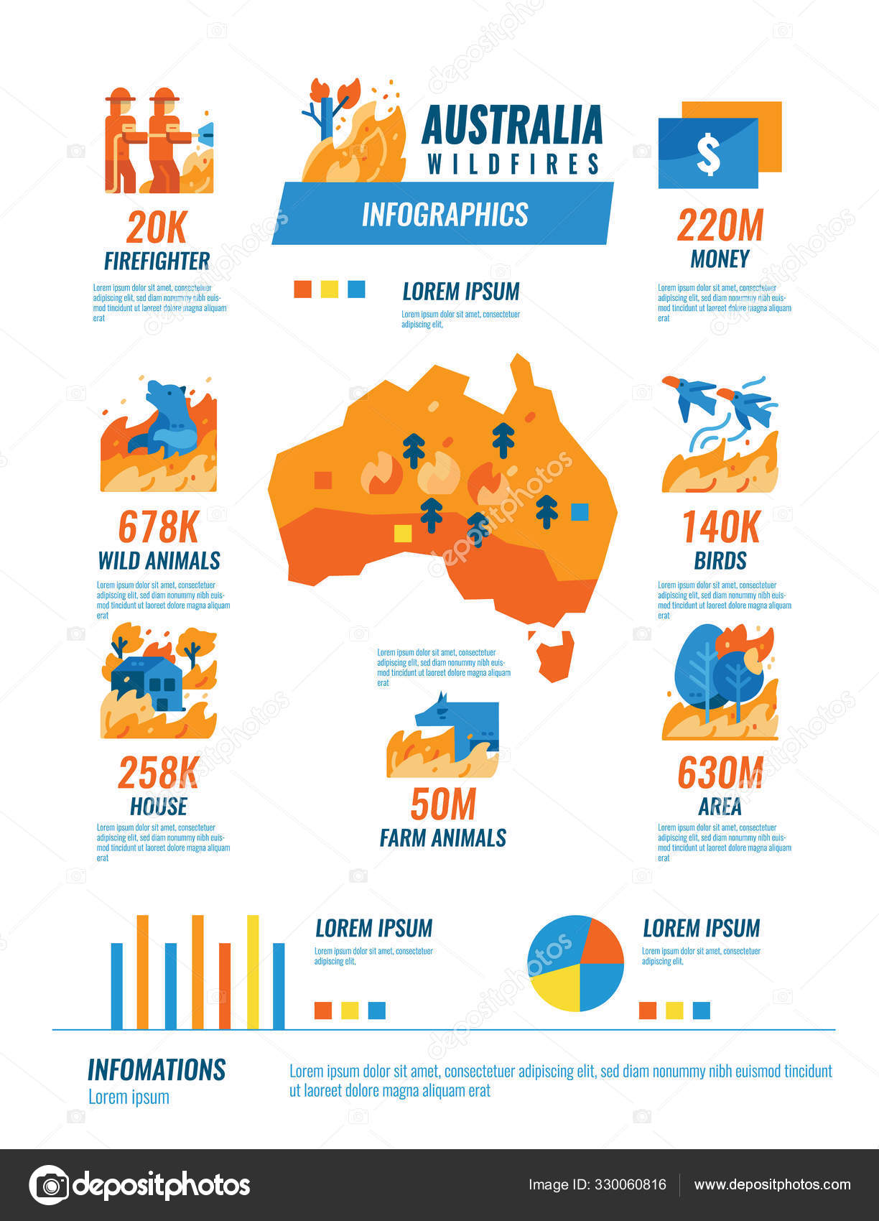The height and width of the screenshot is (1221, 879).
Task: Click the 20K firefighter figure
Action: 156,228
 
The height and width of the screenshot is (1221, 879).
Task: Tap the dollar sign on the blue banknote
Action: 708,154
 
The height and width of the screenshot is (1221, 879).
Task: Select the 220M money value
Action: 720,226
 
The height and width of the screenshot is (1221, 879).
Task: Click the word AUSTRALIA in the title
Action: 511,126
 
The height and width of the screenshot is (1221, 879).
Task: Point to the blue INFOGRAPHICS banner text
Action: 445,214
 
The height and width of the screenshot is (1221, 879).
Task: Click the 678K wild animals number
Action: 158,528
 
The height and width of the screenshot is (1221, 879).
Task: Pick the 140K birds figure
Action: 720,528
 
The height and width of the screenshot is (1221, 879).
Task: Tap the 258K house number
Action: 158,774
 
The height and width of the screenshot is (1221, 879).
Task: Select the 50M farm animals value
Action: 443,804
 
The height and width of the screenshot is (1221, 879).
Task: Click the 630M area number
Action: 720,774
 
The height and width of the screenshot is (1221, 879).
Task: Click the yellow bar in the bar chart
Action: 253,972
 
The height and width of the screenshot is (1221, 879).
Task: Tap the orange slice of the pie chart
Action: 600,942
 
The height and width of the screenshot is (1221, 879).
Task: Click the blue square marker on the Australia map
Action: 580,512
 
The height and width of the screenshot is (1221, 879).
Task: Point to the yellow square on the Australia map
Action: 403,534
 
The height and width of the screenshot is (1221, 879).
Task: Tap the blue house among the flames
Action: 149,683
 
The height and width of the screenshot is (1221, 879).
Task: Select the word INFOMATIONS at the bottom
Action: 157,1069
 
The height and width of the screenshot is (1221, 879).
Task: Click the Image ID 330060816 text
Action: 597,1184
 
